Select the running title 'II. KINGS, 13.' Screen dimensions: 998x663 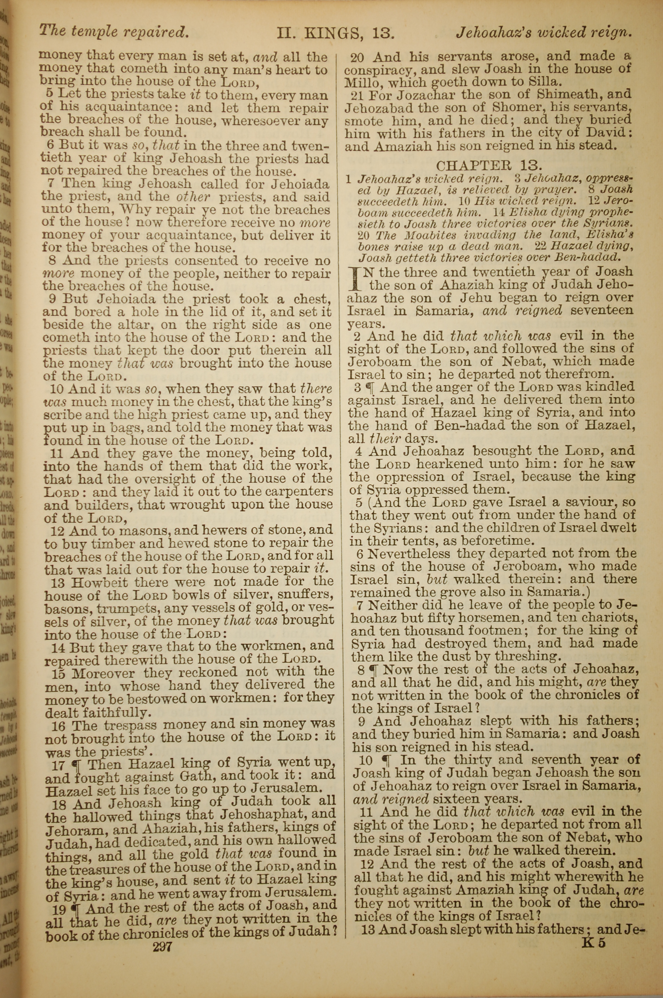336,33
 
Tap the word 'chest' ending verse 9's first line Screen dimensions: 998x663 311,299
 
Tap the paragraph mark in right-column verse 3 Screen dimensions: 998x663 371,387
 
